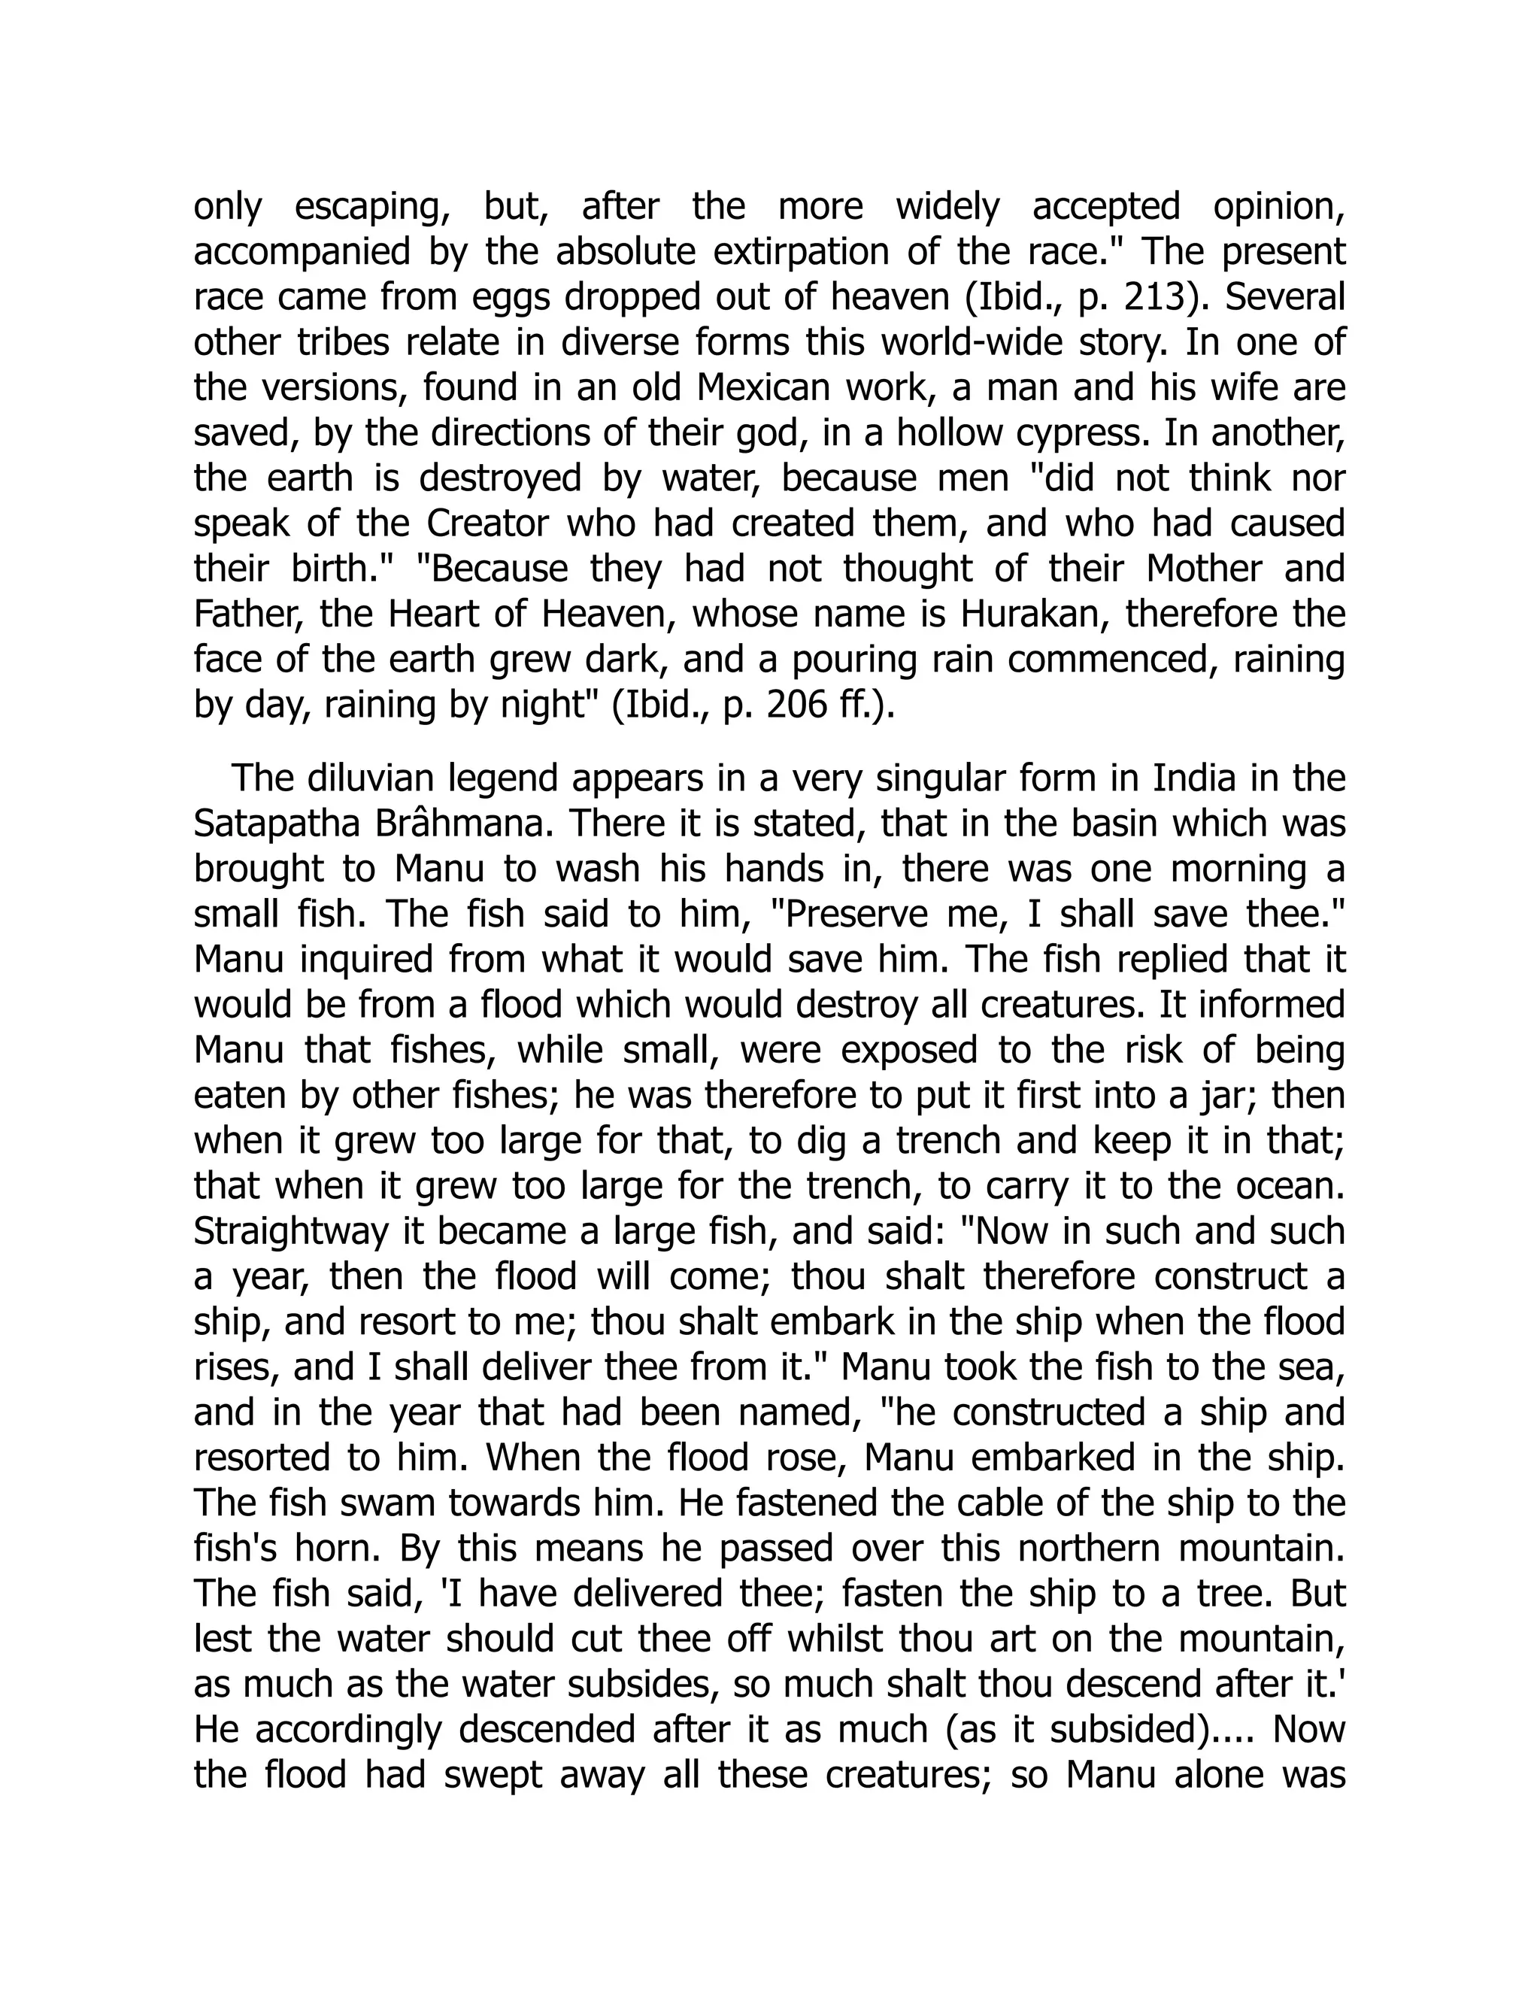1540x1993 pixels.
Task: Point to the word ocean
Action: click(1289, 1186)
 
